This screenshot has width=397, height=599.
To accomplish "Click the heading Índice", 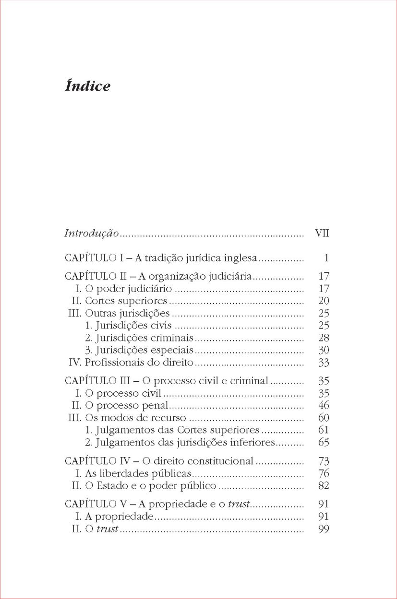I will (x=87, y=86).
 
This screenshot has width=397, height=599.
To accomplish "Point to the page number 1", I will (x=326, y=258).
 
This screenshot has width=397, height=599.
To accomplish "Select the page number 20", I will (x=324, y=301).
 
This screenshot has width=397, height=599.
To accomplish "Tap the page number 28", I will (x=324, y=338).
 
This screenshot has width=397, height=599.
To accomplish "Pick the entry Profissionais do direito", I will (x=139, y=363).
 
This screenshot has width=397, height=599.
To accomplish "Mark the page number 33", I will (x=324, y=363).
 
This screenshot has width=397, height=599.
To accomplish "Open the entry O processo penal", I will (x=123, y=405).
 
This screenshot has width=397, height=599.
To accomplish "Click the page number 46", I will (x=324, y=405).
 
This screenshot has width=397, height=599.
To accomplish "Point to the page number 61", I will (x=324, y=430).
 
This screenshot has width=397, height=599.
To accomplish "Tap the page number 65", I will (x=324, y=442).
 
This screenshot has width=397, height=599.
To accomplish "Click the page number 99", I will (x=324, y=529).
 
